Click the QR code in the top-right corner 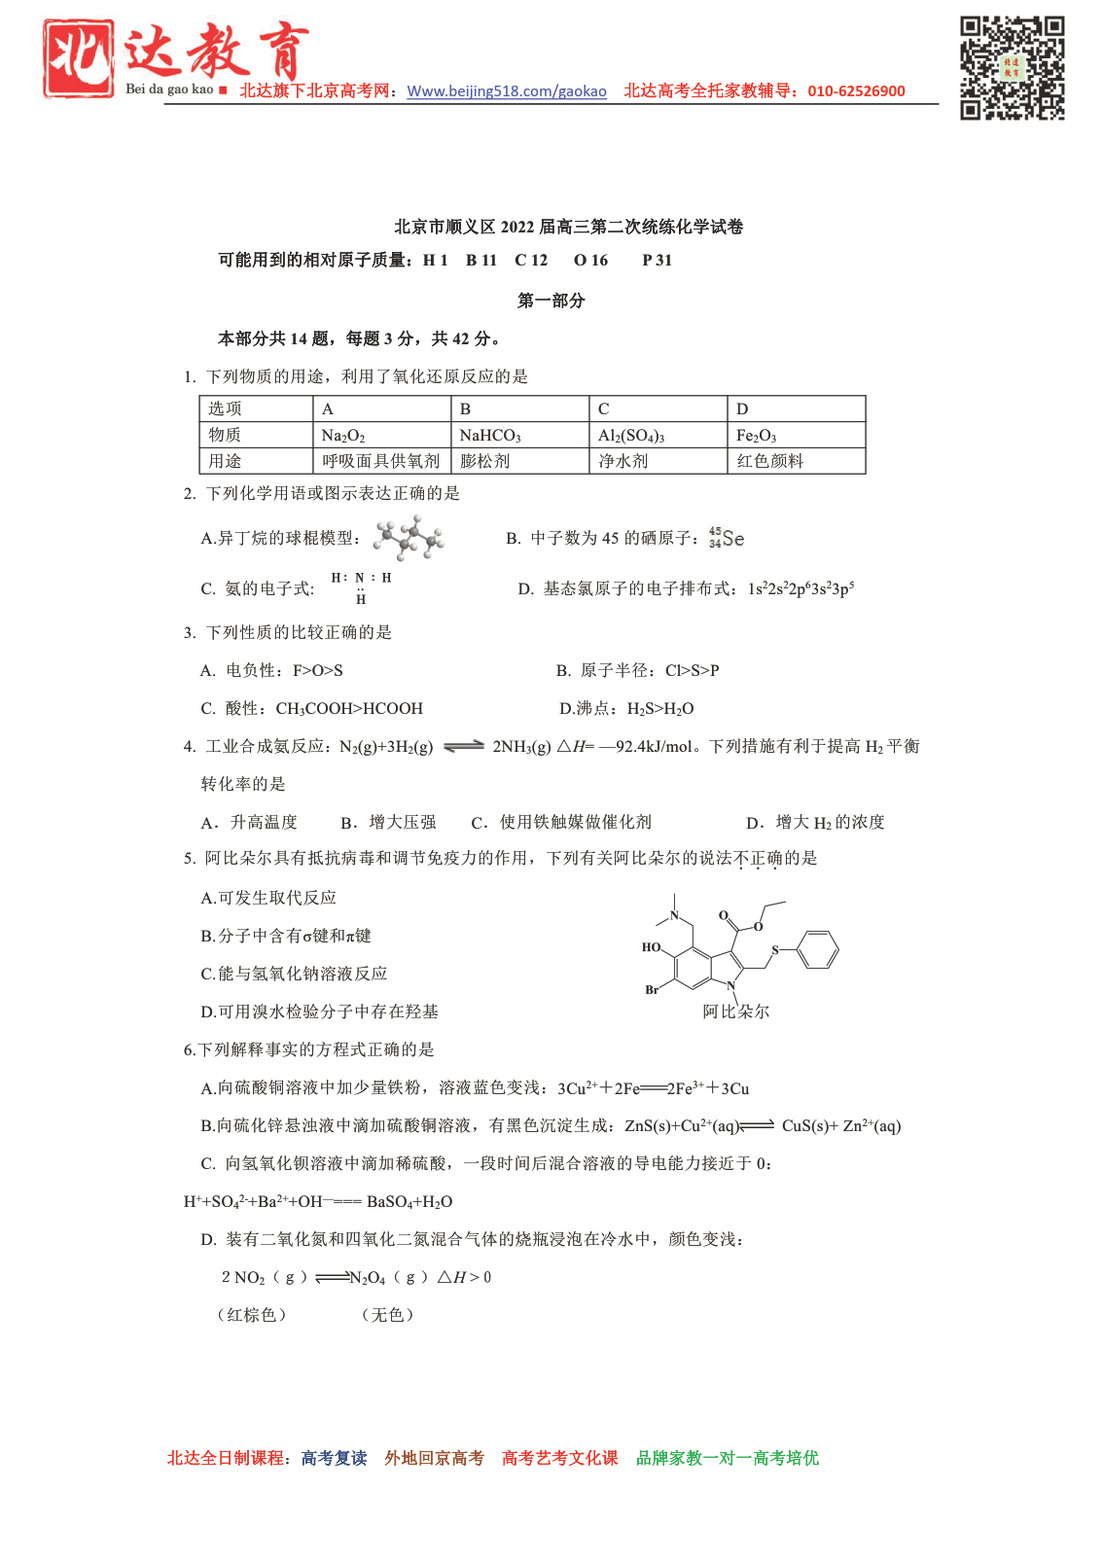tap(1012, 67)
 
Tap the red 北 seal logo tap(78, 58)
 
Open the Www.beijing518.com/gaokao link tap(506, 91)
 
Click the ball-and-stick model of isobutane tap(409, 539)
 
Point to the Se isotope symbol tap(727, 538)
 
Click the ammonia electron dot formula tap(361, 587)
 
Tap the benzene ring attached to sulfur tap(817, 949)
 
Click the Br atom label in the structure tap(652, 990)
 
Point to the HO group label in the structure tap(651, 947)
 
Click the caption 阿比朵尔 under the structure tap(736, 1012)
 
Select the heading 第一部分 tap(551, 301)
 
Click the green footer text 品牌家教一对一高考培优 tap(727, 1458)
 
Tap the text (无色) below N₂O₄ tap(387, 1315)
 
